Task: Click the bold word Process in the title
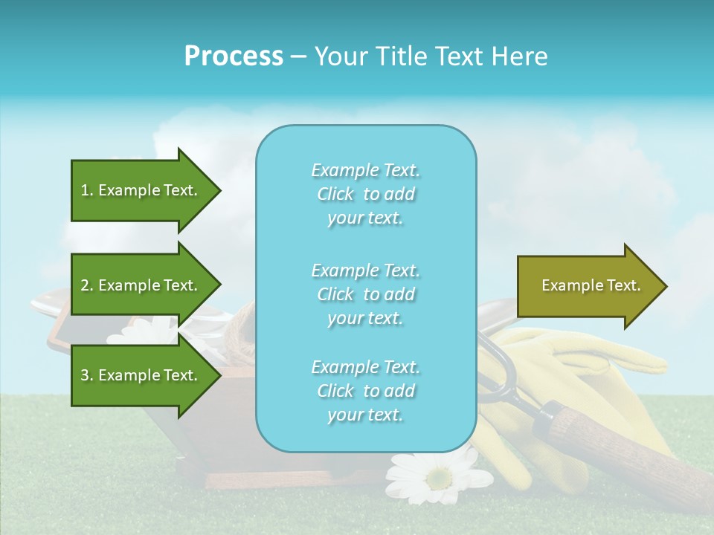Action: click(234, 56)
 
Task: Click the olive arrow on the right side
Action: click(588, 286)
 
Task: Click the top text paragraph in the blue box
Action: click(365, 194)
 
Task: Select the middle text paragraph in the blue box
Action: click(365, 294)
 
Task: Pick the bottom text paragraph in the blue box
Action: click(365, 391)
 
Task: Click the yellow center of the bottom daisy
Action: click(439, 478)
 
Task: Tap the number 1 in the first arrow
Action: click(85, 190)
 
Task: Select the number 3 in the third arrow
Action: click(85, 375)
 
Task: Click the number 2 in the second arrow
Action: click(85, 285)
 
